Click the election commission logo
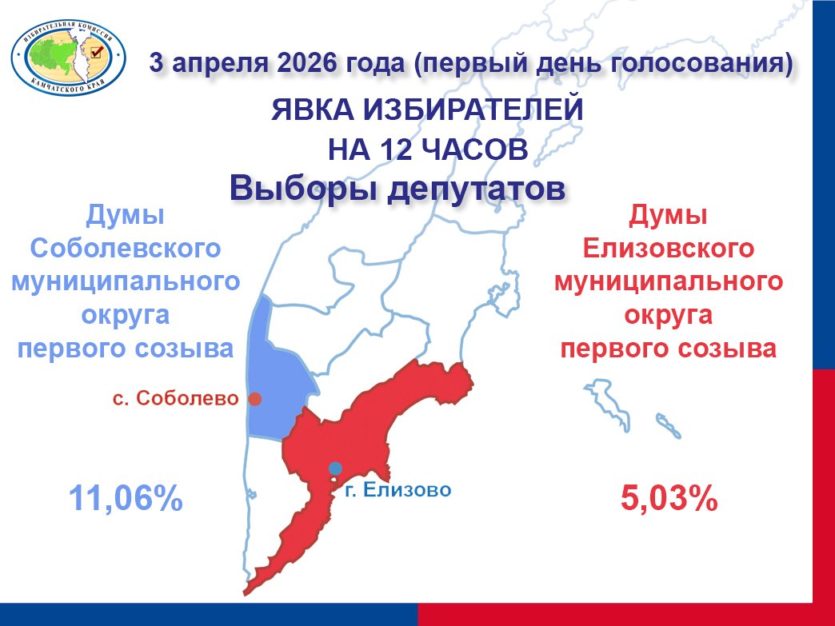coord(68,58)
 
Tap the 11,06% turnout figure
coord(126,499)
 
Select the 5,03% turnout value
coord(669,499)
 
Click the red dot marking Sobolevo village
coord(255,399)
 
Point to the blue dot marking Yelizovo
coord(335,468)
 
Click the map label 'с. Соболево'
coord(176,398)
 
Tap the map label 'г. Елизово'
coord(398,490)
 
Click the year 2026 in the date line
coord(307,63)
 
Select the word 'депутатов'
coord(476,189)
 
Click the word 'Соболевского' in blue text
coord(125,248)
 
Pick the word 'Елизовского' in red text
coord(669,248)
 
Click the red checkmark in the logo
coord(97,52)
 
